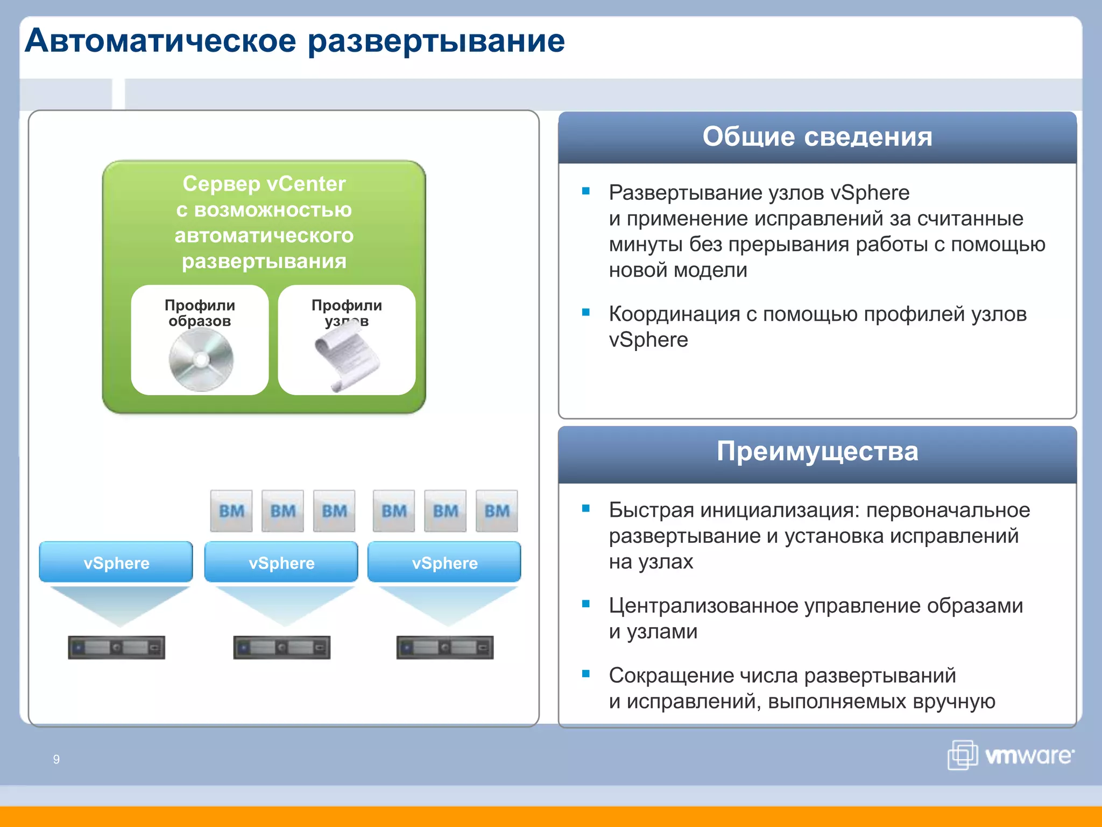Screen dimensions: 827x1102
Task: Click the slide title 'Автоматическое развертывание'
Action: (x=295, y=41)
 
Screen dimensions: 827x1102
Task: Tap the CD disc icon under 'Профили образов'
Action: (x=201, y=359)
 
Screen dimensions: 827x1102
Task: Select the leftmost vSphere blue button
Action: (x=116, y=562)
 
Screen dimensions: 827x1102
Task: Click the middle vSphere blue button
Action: (x=281, y=562)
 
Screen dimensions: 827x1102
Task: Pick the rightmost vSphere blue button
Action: (x=444, y=562)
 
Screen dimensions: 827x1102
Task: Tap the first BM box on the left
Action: (x=231, y=510)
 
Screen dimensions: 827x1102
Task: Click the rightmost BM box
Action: (x=496, y=510)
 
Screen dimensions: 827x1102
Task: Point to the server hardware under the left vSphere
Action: (x=116, y=647)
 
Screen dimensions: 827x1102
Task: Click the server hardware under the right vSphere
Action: (x=444, y=647)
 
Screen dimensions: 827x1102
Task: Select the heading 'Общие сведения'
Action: (x=817, y=137)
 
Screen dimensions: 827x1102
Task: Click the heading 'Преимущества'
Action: (x=817, y=451)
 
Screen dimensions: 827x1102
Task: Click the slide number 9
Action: (x=56, y=759)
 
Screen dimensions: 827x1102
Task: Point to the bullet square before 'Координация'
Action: (x=586, y=312)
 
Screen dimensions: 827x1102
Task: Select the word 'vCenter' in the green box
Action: (x=306, y=184)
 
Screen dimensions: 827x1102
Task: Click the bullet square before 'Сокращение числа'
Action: (x=586, y=674)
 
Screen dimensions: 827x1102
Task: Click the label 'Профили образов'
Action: (x=200, y=313)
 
